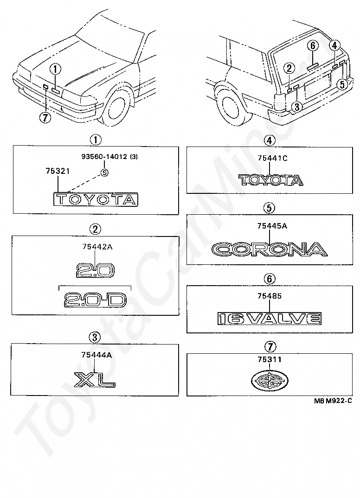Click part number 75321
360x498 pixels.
point(58,171)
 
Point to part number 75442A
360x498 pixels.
point(97,247)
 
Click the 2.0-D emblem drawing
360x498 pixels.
point(95,300)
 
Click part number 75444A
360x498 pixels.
point(96,355)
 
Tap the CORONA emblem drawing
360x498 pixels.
point(269,249)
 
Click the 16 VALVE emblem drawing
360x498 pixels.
point(270,319)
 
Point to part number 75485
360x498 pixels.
point(269,296)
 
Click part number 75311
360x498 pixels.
point(269,359)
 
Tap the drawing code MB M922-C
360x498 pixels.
point(333,401)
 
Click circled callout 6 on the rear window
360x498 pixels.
point(313,45)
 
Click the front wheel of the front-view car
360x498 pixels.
point(115,109)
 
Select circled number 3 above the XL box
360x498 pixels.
point(95,337)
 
